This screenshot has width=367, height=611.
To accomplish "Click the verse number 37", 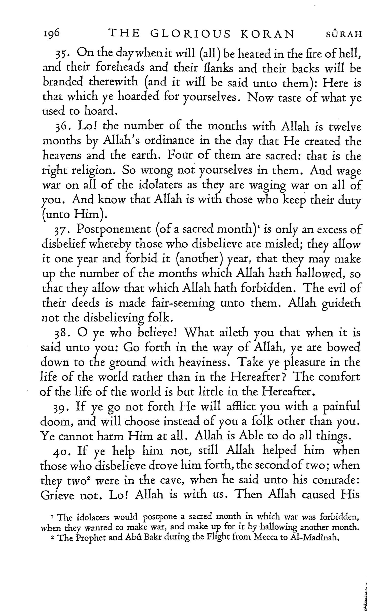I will click(62, 230).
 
